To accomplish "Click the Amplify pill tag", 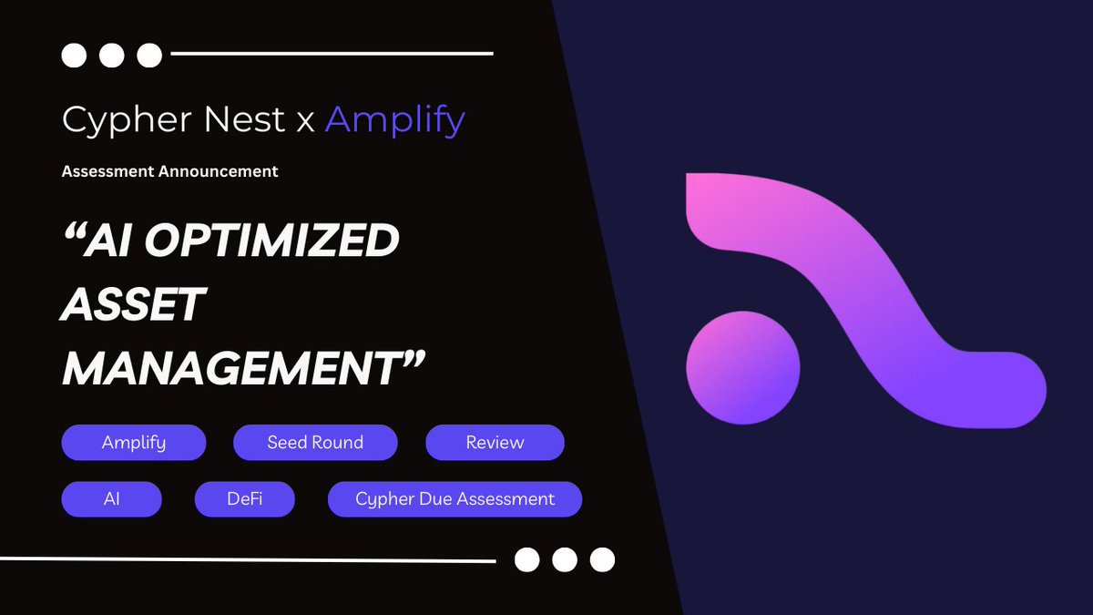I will click(134, 443).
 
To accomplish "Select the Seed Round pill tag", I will click(315, 443).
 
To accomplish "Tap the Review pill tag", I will click(495, 443).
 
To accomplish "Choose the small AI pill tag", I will click(111, 499).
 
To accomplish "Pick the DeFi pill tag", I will click(244, 499).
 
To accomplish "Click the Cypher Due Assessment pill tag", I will click(455, 499).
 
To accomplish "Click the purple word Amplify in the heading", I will click(395, 120).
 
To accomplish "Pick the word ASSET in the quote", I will click(132, 305).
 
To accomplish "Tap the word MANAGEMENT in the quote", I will click(232, 369).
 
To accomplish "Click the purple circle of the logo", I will click(742, 367).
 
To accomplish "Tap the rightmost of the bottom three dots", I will click(602, 559).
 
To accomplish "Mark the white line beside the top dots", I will click(332, 54).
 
